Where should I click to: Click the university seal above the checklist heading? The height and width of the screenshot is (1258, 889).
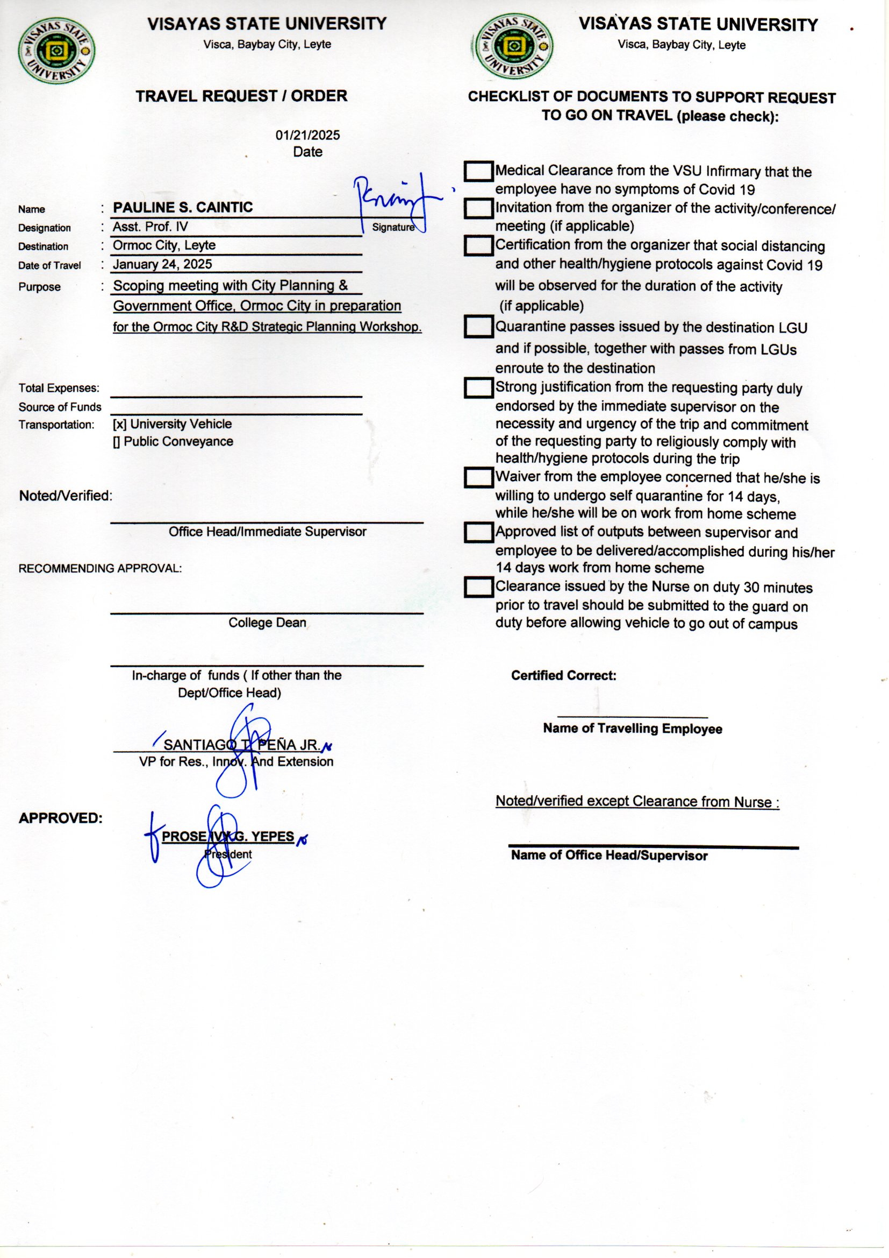point(513,47)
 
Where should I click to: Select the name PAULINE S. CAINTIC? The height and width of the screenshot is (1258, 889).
point(183,208)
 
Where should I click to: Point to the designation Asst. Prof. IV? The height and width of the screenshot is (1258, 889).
point(150,227)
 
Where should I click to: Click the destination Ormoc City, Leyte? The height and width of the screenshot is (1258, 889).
point(164,245)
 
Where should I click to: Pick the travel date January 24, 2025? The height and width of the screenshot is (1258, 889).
point(162,264)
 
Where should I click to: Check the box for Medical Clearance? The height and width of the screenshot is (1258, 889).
point(478,172)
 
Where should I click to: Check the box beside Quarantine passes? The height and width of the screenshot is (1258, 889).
point(478,327)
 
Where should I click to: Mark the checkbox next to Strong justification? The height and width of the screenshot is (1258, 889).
point(478,388)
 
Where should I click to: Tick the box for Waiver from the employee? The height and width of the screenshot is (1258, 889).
point(478,477)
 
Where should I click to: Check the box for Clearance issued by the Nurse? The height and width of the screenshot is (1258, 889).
point(478,587)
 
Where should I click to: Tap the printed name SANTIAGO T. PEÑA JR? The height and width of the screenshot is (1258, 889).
point(241,745)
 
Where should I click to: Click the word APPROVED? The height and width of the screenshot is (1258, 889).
point(60,818)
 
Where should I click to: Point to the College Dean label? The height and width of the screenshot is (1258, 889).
point(267,623)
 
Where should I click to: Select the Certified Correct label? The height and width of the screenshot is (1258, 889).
point(563,676)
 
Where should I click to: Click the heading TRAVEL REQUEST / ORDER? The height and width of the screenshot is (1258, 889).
point(241,96)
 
